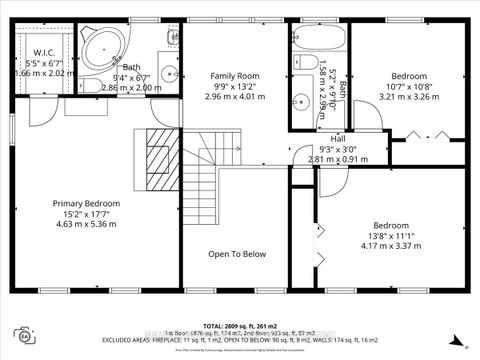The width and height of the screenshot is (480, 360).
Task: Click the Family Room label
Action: (x=236, y=76)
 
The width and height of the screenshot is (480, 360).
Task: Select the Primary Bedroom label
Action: (x=86, y=203)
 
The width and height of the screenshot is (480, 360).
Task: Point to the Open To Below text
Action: (x=236, y=254)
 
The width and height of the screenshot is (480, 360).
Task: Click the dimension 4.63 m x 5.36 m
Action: (x=86, y=225)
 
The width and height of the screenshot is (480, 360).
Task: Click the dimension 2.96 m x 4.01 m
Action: (x=236, y=97)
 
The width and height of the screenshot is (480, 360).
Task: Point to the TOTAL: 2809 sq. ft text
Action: (x=240, y=325)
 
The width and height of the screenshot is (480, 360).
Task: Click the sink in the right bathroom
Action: (x=301, y=101)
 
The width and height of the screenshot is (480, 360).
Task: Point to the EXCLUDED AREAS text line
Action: (x=240, y=339)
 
